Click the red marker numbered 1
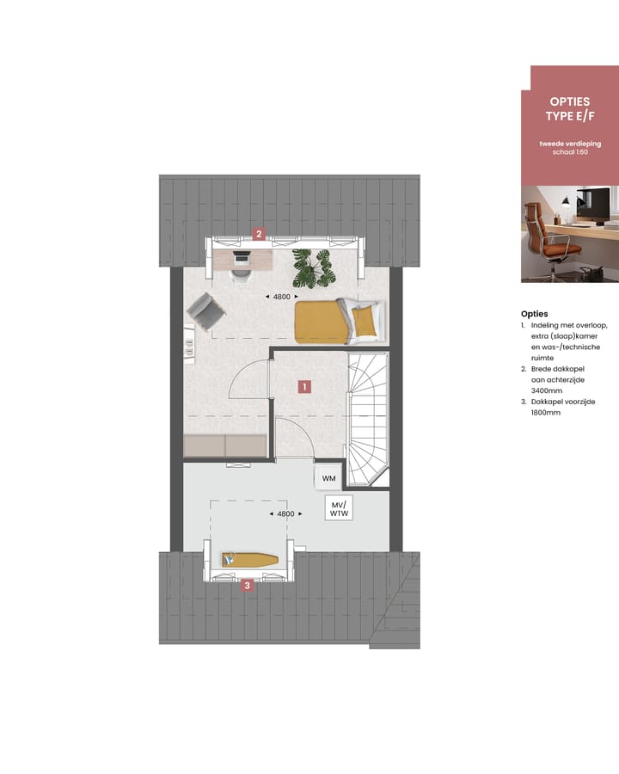point(303,387)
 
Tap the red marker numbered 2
point(258,233)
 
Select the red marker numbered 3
point(248,586)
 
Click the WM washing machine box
point(328,478)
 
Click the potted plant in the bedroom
point(312,268)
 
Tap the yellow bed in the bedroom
point(336,322)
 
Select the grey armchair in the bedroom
point(205,310)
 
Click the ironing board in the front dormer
point(250,560)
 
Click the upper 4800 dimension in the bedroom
point(281,297)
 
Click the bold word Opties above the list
point(534,314)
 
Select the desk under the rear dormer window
point(242,256)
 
